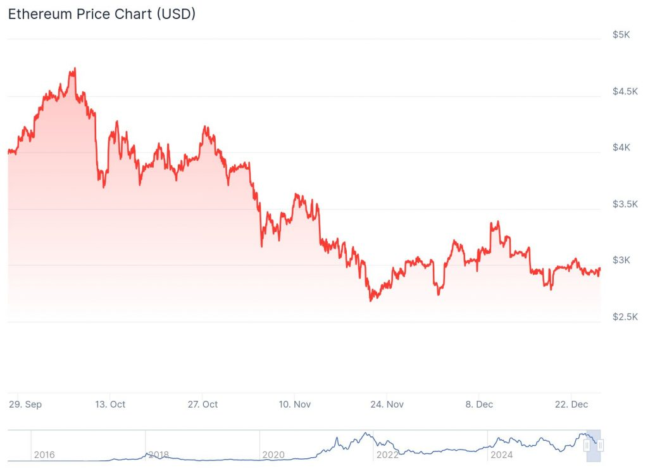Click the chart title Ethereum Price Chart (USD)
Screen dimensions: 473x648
[101, 14]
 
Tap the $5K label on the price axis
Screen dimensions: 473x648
[621, 34]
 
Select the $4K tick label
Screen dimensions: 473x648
[621, 148]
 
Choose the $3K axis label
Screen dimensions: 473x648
[621, 260]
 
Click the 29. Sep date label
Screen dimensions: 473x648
[26, 404]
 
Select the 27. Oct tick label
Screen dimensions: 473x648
[204, 404]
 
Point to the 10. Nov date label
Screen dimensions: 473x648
[295, 404]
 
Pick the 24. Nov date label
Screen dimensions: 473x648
[387, 404]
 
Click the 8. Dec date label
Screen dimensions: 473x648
[479, 404]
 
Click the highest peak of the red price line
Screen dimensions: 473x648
[75, 68]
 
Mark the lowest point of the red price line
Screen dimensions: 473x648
[371, 300]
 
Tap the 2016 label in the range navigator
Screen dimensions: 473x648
[44, 455]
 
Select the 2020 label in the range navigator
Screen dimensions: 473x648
[273, 455]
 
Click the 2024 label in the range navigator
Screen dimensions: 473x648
[502, 455]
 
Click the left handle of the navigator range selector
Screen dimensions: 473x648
[587, 446]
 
